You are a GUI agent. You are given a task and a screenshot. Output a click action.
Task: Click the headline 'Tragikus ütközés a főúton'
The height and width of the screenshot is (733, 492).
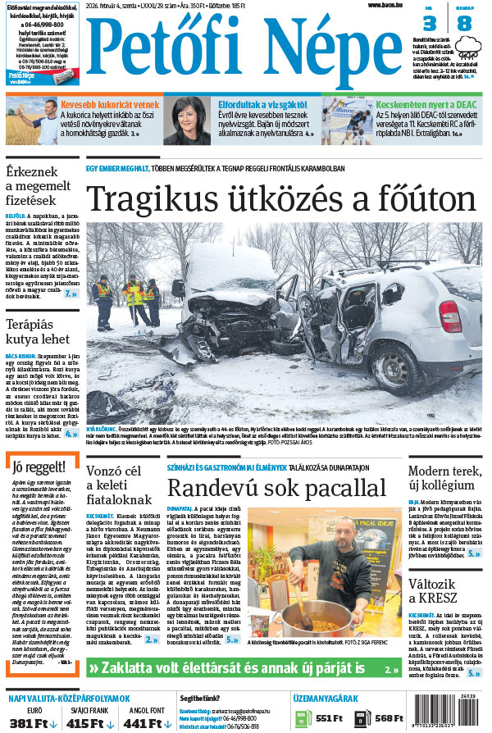pos(280,200)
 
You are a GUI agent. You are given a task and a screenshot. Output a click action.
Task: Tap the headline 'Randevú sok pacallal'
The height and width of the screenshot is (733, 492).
pos(276,487)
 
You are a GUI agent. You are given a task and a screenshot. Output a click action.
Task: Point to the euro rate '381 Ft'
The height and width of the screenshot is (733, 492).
pos(30,722)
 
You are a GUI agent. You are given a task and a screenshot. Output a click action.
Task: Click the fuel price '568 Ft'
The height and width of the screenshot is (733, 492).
pos(389,718)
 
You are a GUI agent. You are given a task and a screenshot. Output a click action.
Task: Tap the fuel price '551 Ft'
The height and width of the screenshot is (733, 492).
pos(327,718)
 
